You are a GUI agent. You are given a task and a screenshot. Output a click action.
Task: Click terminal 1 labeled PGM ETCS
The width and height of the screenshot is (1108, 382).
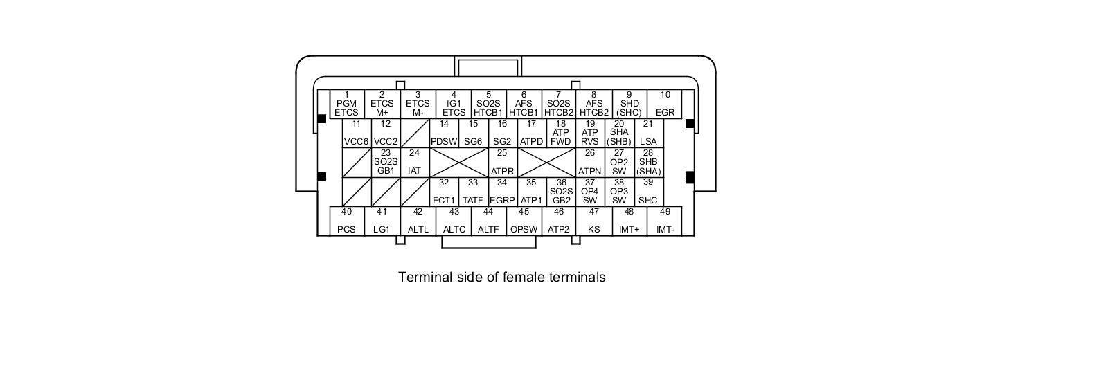346,104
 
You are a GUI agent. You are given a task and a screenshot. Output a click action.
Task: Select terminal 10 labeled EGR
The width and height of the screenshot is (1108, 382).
665,104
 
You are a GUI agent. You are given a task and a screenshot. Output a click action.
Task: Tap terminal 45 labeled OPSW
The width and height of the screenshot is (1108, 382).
524,221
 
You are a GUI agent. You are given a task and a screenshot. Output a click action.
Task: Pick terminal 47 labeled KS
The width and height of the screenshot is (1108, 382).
593,221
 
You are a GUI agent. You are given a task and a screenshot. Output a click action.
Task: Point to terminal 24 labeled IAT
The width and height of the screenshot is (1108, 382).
415,162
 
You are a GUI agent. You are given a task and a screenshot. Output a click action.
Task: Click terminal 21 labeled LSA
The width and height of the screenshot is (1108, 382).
648,133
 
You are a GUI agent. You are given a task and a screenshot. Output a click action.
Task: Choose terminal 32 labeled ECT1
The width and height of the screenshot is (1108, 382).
444,192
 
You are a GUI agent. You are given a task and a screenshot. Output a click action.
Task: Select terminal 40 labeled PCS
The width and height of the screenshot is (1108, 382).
346,221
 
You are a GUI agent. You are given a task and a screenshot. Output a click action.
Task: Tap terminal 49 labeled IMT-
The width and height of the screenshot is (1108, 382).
665,221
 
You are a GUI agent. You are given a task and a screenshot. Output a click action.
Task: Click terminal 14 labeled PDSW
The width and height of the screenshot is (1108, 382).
444,133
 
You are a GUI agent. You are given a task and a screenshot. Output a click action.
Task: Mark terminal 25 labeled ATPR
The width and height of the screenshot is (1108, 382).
502,162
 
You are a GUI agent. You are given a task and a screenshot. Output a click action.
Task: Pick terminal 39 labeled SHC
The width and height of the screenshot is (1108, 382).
648,192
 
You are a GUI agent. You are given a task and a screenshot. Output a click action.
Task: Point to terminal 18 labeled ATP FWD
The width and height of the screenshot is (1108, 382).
560,133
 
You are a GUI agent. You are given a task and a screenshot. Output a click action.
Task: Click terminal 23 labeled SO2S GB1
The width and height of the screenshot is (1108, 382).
386,162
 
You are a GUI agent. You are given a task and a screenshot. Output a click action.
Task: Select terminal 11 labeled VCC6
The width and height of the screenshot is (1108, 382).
356,133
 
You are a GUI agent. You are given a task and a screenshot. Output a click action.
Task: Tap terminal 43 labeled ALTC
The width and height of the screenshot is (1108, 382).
454,221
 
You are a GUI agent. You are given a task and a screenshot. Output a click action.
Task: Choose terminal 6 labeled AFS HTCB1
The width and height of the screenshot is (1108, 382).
524,104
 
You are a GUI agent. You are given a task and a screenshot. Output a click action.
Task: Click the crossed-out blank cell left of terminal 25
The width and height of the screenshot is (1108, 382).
458,162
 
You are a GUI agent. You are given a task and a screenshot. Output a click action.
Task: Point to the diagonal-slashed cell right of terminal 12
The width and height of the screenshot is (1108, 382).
415,133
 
